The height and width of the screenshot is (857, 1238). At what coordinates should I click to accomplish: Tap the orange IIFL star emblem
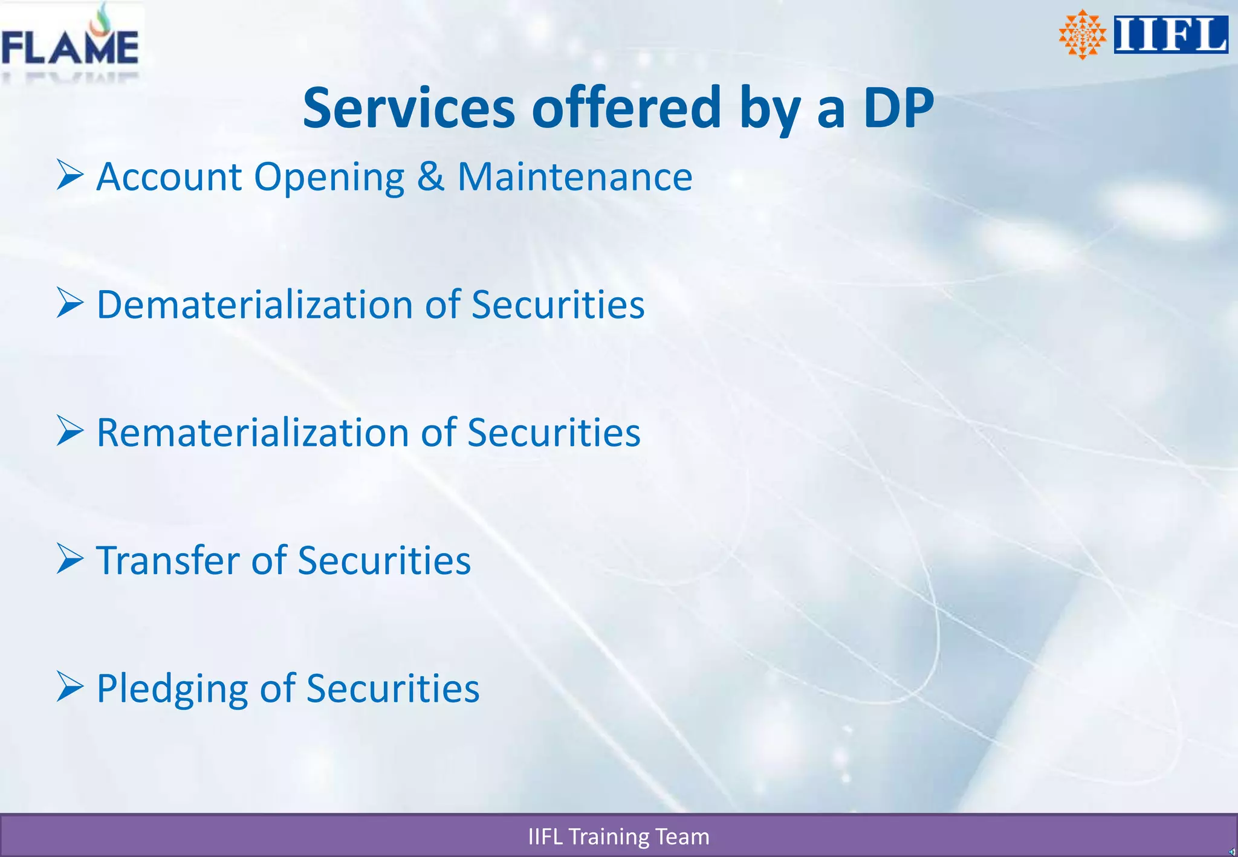click(x=1082, y=34)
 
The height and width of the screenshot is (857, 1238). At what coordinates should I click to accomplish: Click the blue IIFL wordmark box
click(x=1171, y=34)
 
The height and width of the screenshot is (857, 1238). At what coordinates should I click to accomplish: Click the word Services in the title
click(x=409, y=108)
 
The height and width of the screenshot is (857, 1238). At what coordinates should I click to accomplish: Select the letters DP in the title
click(x=898, y=108)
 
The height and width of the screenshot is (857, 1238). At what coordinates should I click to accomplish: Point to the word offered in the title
click(x=626, y=108)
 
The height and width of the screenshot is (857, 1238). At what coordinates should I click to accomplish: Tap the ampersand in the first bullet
click(x=430, y=177)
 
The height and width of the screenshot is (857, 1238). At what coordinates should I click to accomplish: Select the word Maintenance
click(x=575, y=177)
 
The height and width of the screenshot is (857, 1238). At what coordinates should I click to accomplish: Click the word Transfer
click(x=169, y=561)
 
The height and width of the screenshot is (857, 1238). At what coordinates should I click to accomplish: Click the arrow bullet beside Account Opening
click(x=70, y=175)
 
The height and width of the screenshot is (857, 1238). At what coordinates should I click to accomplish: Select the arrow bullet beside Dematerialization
click(x=70, y=303)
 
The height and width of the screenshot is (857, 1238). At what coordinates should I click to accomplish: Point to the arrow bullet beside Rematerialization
click(x=70, y=431)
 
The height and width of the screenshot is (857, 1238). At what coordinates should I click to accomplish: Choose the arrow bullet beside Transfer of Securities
click(x=70, y=559)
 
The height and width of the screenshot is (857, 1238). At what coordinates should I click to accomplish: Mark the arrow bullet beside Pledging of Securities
click(x=70, y=687)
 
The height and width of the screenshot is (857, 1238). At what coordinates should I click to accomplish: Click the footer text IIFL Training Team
click(x=618, y=837)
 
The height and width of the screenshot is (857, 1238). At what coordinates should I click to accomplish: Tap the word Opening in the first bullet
click(x=329, y=178)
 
